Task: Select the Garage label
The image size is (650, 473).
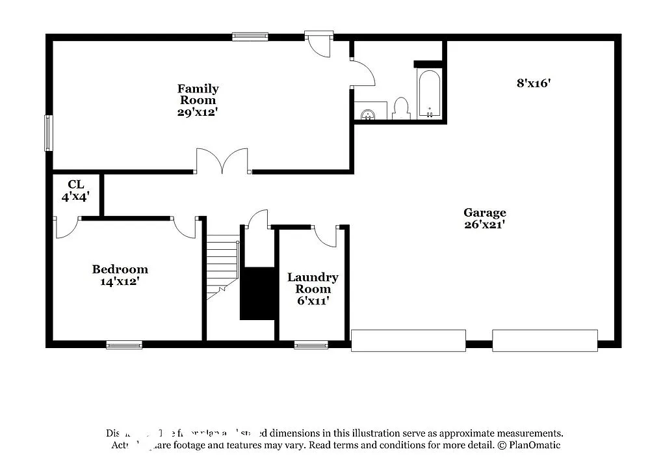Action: [484, 213]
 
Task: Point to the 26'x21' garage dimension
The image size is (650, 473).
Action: [484, 224]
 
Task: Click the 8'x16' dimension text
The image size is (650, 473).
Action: [534, 83]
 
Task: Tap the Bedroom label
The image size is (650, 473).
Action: [120, 269]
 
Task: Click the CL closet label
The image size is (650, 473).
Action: [76, 185]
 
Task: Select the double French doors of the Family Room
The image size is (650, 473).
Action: [223, 161]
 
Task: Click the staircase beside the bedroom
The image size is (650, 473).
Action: [222, 267]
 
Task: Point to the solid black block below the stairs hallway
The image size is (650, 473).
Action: [258, 293]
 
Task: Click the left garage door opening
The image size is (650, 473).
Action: [408, 340]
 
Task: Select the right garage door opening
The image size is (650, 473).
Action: [545, 340]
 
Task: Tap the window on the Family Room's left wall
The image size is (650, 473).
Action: [48, 133]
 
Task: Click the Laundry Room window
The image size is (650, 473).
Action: [311, 345]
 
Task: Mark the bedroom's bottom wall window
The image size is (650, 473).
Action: [124, 345]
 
